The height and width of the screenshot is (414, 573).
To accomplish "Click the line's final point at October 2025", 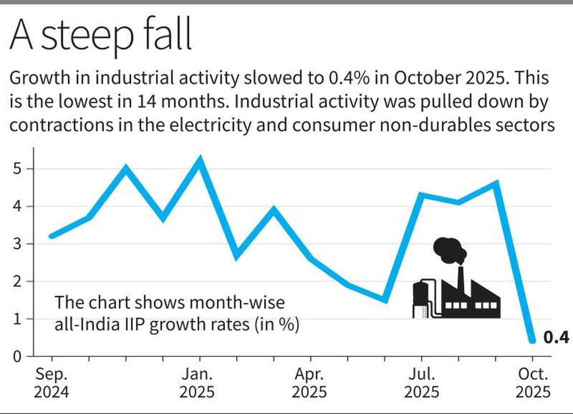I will [x=532, y=340].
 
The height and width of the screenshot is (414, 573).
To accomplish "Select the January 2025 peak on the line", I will [x=200, y=159].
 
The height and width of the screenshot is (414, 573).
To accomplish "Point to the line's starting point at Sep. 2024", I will [x=52, y=236].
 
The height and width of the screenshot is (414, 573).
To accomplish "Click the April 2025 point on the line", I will [x=311, y=259].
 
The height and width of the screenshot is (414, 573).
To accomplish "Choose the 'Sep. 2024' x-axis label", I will [x=52, y=383].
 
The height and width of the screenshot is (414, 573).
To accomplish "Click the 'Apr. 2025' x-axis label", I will [x=310, y=383].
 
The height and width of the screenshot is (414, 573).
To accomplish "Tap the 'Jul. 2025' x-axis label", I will [x=422, y=383].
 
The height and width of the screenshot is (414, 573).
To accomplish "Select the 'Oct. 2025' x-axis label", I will [x=532, y=383].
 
